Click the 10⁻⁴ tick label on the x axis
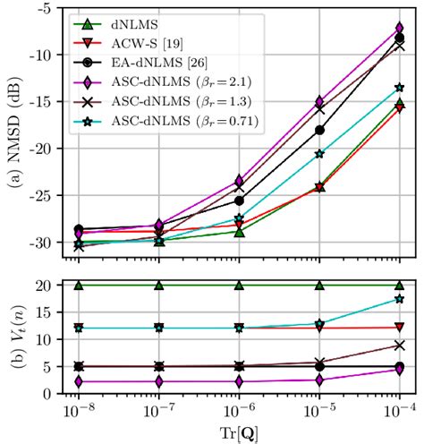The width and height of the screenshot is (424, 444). click(398, 414)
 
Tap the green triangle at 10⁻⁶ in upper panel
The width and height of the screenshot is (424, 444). click(239, 232)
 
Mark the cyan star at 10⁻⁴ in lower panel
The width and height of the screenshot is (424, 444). click(399, 299)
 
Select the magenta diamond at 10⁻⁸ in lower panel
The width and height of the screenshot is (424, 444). click(79, 381)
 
